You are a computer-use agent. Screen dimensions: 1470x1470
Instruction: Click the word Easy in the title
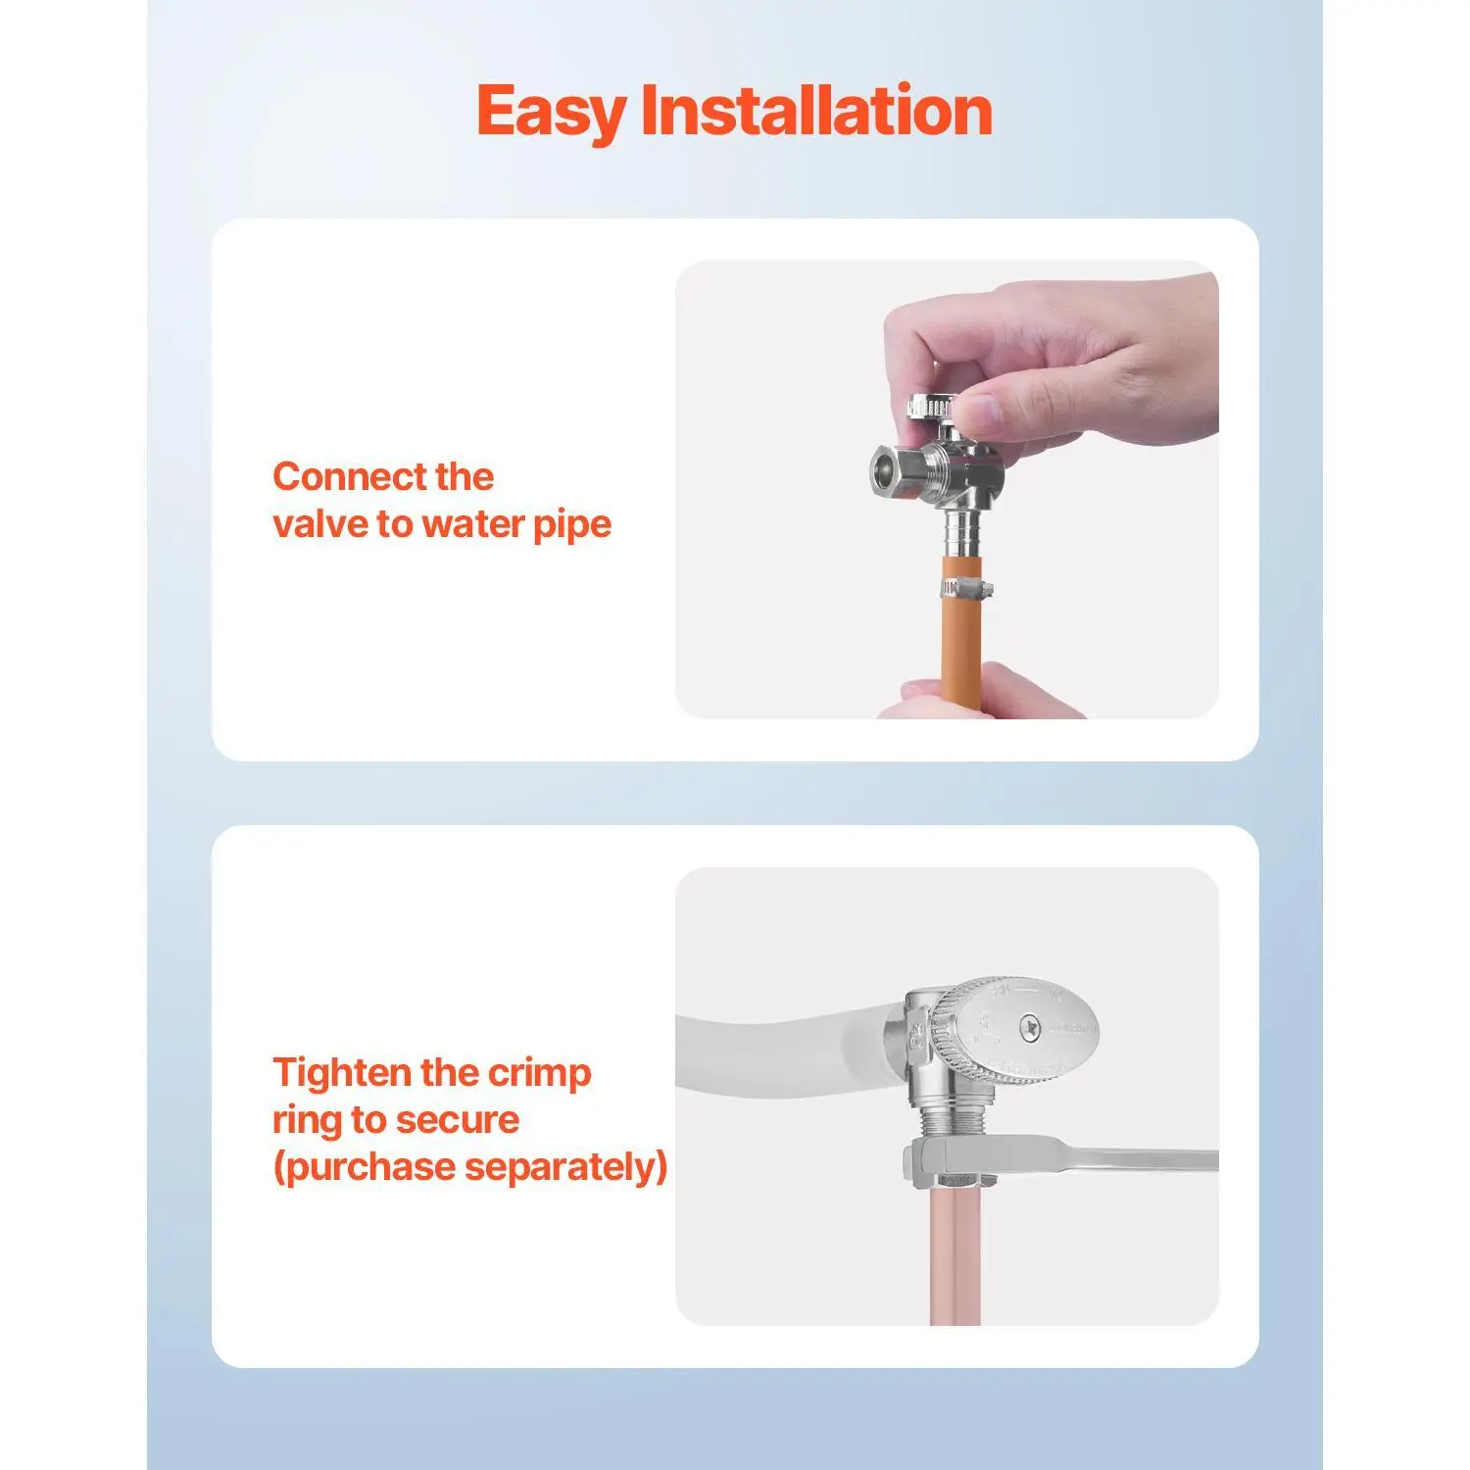(551, 112)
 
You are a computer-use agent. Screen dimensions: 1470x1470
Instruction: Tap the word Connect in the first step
(350, 476)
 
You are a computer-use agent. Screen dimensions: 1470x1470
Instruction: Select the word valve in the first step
(320, 524)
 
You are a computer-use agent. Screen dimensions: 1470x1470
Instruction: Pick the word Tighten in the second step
(342, 1073)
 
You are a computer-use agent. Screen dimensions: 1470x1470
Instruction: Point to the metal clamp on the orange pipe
(965, 589)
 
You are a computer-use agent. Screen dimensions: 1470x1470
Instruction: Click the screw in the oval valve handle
(1028, 1027)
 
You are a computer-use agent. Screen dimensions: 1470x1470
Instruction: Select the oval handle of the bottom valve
(1017, 1028)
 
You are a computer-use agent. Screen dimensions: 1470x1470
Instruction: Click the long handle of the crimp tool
(1098, 1160)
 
